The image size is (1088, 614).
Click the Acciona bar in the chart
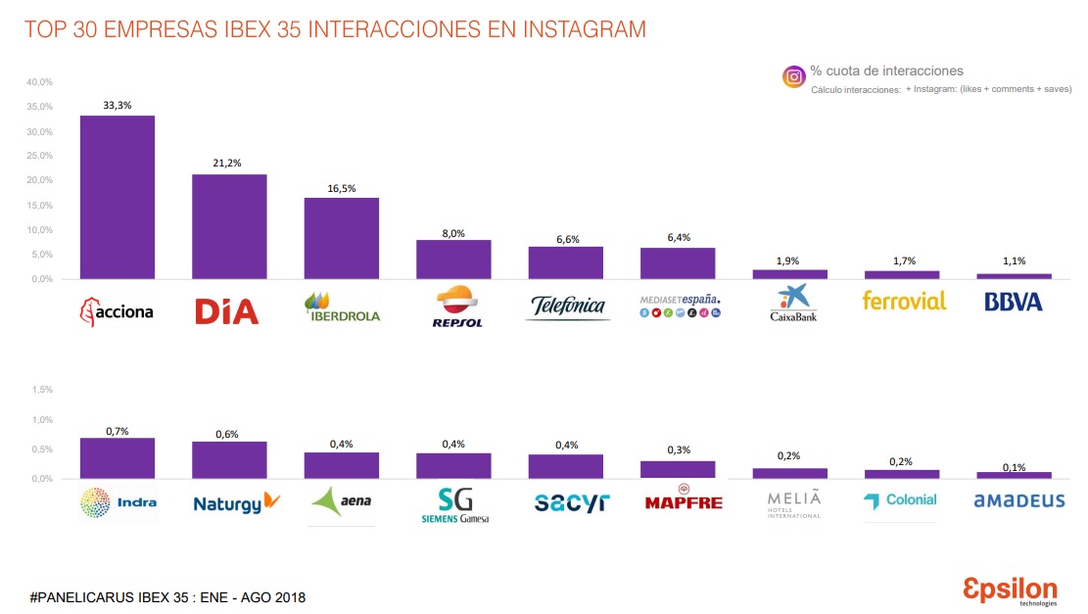coord(117,197)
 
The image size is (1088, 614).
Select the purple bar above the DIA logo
coord(229,226)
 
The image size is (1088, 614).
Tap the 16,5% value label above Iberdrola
coord(341,188)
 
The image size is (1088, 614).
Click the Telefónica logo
coord(569,307)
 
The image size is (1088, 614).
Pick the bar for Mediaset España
coord(678,263)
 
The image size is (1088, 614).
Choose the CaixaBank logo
coord(789,305)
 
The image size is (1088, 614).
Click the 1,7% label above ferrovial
coord(902,261)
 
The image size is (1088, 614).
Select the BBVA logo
coord(1013,302)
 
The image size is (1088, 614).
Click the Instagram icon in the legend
coord(793,76)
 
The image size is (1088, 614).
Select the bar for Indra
coord(117,458)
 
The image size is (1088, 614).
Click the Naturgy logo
coord(236,503)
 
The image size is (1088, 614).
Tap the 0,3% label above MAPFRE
coord(678,450)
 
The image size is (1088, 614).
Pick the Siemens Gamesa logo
coord(453,504)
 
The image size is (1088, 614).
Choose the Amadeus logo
coord(1018,500)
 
